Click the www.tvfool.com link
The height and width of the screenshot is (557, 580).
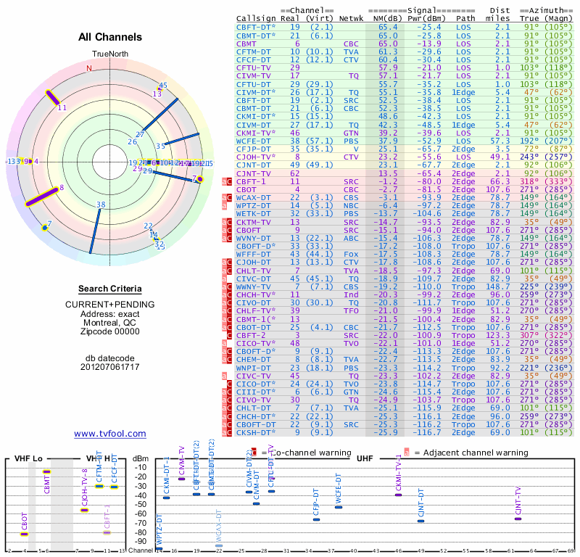tap(110, 434)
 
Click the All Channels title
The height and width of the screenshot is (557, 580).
tap(110, 37)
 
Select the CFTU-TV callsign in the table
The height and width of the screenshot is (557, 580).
tap(254, 67)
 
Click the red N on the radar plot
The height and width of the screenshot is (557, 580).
tap(89, 68)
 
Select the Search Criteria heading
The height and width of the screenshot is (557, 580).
tap(110, 289)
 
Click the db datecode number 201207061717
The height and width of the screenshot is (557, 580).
tap(110, 367)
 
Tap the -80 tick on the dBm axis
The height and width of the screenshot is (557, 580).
tap(141, 532)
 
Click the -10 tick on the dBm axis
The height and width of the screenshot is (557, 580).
tap(141, 467)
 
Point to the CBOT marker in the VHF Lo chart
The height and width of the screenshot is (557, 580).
tap(25, 534)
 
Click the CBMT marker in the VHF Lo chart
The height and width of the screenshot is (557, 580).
tap(46, 472)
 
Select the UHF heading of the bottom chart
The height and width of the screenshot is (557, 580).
tap(364, 459)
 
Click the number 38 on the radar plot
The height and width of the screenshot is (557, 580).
tap(101, 205)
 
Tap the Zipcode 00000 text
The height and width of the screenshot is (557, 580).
tap(110, 331)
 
